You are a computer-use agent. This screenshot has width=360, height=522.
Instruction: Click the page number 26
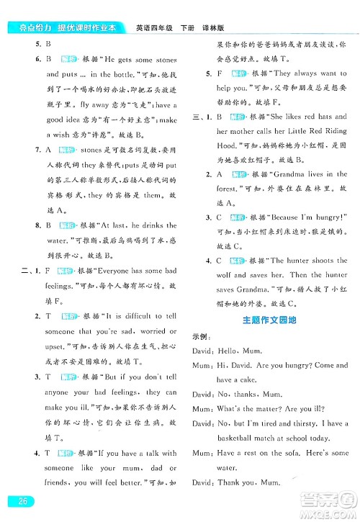(x=15, y=501)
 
